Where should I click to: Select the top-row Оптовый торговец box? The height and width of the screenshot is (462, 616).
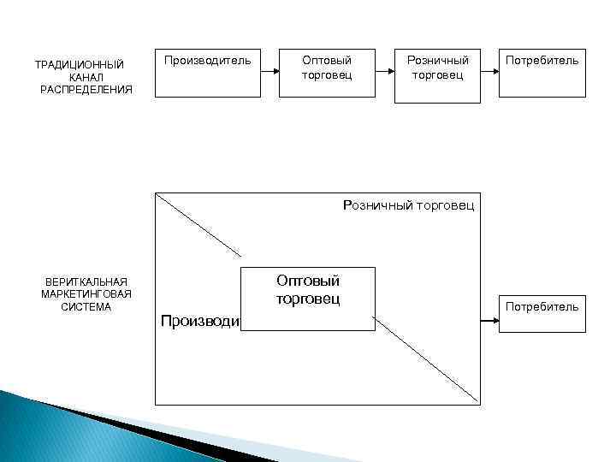click(x=326, y=75)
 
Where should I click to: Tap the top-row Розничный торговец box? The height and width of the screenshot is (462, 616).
click(x=437, y=75)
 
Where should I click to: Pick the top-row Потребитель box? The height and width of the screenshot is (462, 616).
click(x=543, y=75)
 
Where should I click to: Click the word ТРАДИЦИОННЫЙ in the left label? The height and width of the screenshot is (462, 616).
click(x=79, y=65)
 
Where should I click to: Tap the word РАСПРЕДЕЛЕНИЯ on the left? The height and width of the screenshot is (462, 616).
click(x=86, y=90)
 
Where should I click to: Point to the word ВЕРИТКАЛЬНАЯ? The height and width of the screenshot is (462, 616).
click(x=86, y=281)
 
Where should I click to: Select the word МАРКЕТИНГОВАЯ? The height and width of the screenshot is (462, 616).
click(x=86, y=294)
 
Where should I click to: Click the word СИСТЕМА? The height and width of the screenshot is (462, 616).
click(x=86, y=307)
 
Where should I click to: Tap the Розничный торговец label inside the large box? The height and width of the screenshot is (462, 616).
click(x=408, y=205)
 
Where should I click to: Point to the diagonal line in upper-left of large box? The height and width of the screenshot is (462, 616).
click(x=199, y=224)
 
